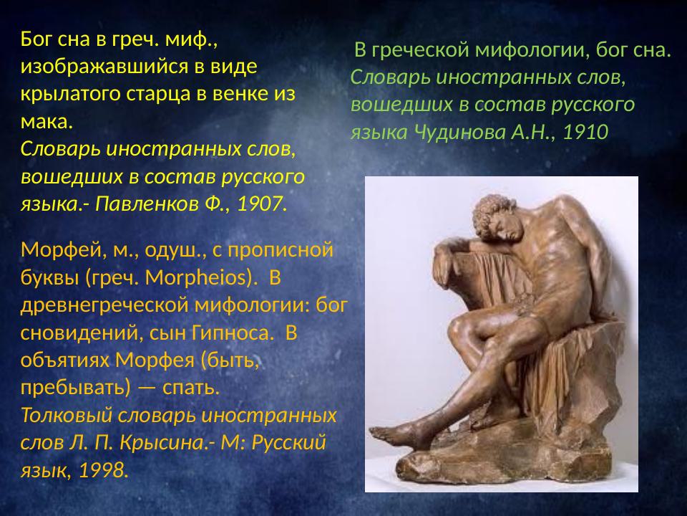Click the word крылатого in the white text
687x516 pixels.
tap(67, 95)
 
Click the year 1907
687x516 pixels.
tap(260, 203)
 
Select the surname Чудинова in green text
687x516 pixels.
tap(457, 132)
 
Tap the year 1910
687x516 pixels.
tap(585, 132)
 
